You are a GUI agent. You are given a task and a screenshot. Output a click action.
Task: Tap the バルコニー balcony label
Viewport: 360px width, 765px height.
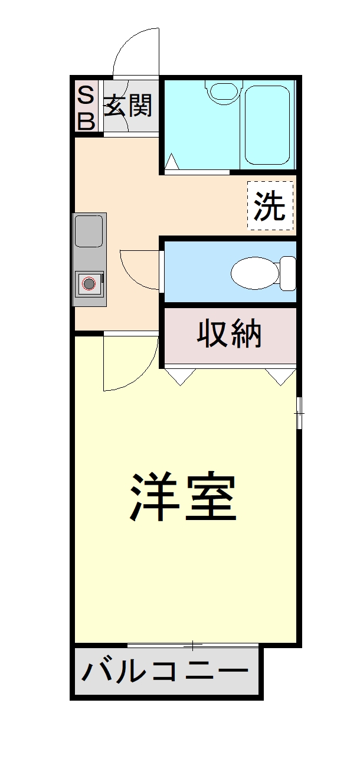pos(165,672)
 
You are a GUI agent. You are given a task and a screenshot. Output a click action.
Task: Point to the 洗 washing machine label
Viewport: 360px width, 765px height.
pos(270,206)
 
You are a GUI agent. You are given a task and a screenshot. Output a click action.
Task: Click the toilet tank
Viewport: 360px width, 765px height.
pos(288,273)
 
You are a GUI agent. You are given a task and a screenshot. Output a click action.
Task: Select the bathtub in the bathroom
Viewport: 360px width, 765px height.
pos(267,125)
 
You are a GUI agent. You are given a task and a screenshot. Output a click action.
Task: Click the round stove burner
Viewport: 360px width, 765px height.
pos(89,284)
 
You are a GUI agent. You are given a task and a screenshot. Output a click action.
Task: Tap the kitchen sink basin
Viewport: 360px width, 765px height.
pos(89,231)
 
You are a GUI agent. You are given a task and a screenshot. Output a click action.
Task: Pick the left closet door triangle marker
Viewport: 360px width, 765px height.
pos(181,376)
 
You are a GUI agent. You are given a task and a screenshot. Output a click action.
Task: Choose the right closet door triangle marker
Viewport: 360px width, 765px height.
pos(280,376)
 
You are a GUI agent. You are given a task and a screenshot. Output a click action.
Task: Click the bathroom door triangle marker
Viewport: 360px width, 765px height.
pos(172,162)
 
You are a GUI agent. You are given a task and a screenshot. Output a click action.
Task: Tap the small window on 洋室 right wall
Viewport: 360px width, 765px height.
pos(299,413)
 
